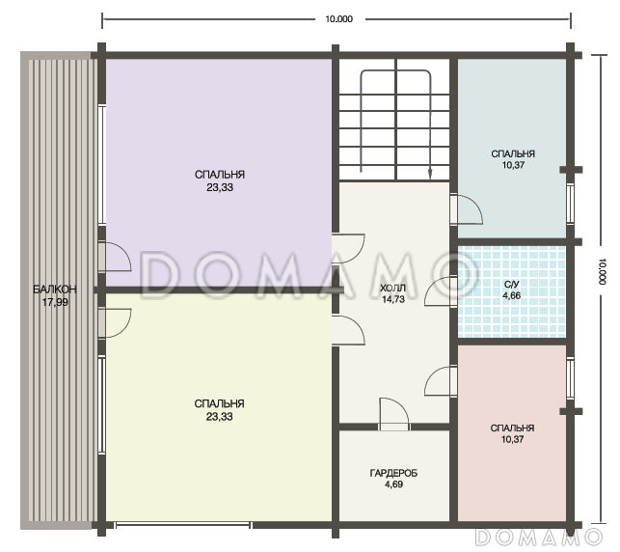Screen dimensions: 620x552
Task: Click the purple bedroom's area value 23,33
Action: click(220, 187)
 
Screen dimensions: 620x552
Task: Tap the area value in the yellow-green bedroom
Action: click(220, 417)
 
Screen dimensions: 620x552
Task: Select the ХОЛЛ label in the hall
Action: click(392, 289)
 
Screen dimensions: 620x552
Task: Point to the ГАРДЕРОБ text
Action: click(393, 473)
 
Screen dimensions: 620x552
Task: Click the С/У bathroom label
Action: click(512, 285)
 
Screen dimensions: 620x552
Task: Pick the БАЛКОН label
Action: click(55, 290)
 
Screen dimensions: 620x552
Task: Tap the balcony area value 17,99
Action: click(55, 302)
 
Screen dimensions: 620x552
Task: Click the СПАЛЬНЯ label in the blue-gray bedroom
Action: click(513, 154)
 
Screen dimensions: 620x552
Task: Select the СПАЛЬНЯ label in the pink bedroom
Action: click(512, 428)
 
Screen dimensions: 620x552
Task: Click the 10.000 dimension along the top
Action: click(338, 19)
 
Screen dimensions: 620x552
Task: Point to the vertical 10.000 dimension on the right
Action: click(602, 271)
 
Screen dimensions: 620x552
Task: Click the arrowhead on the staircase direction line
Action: click(430, 174)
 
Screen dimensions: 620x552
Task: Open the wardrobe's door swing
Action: click(394, 414)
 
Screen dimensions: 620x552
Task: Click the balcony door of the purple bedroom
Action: click(115, 257)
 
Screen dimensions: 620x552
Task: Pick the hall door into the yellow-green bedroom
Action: click(348, 330)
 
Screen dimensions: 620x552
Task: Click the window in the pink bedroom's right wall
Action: click(570, 378)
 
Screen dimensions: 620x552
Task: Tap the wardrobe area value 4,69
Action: click(393, 484)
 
